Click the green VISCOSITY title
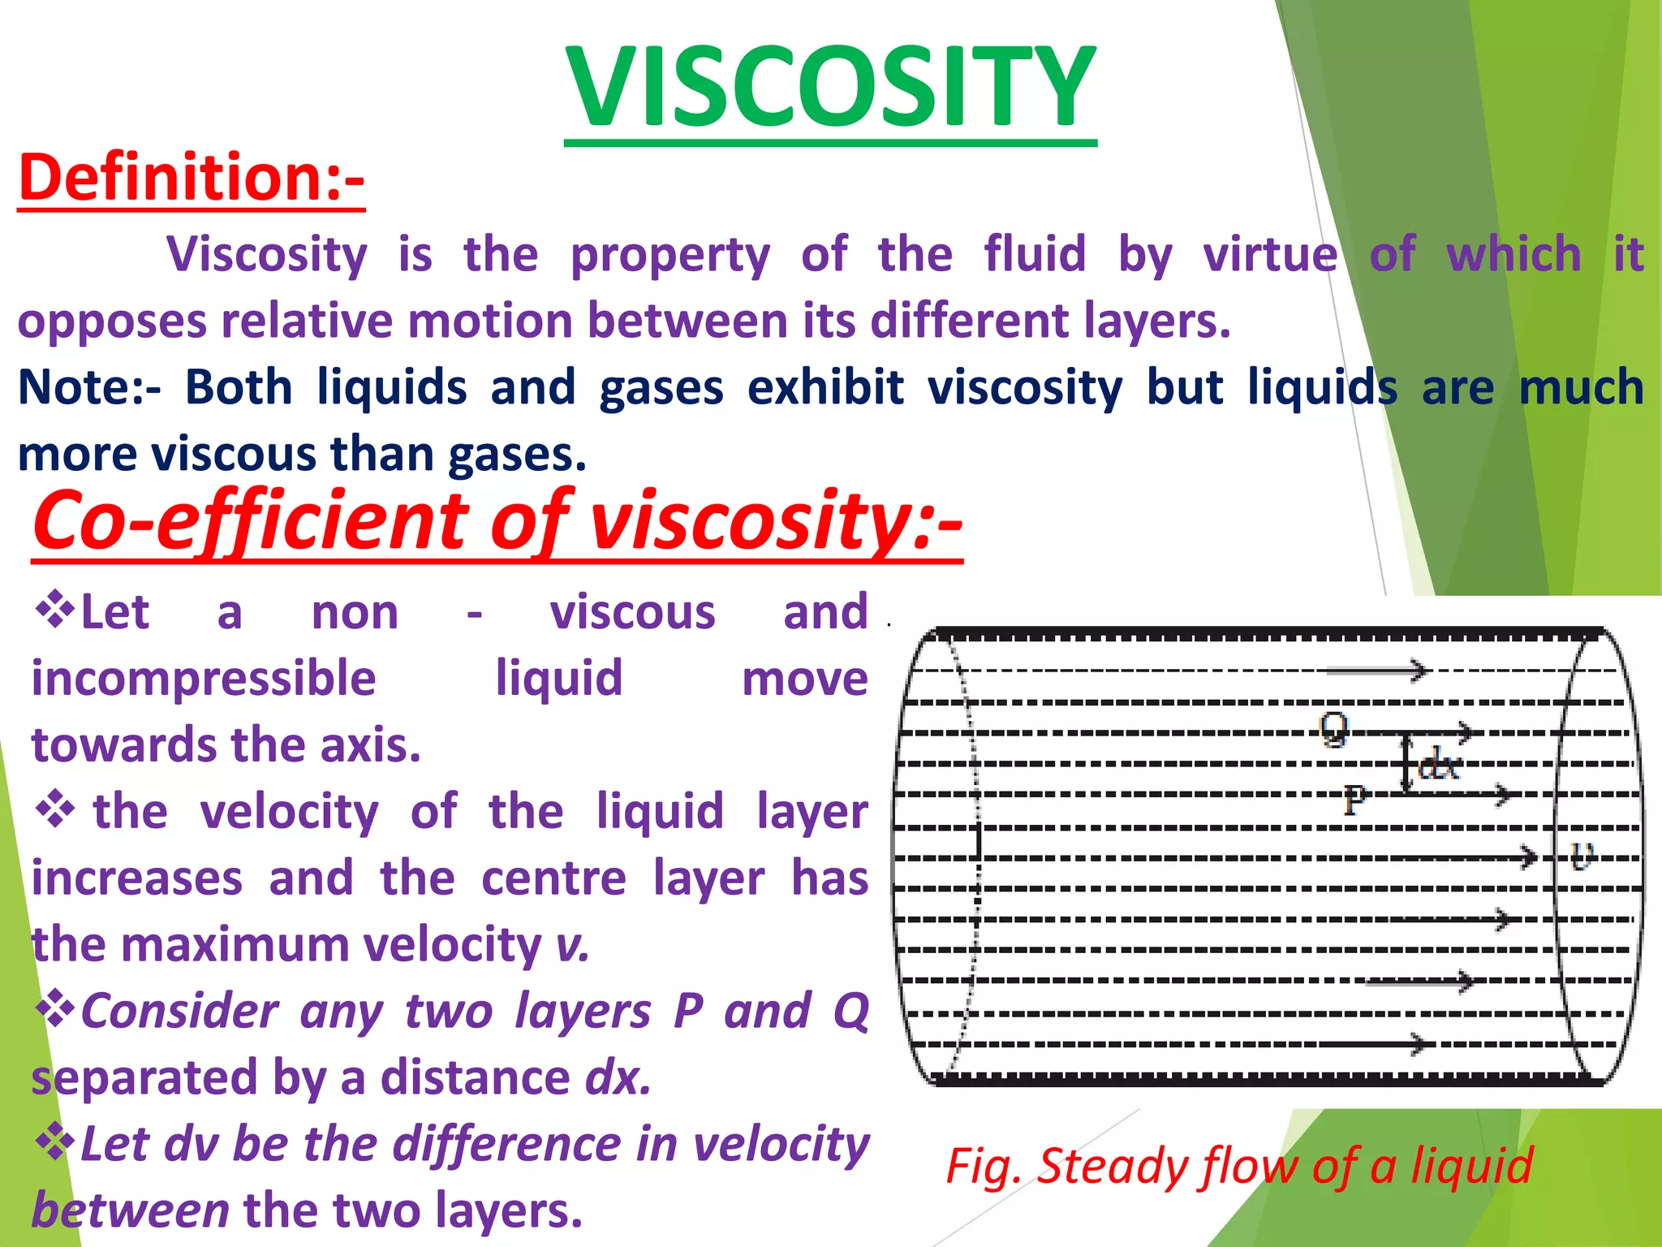point(830,87)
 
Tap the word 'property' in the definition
point(670,255)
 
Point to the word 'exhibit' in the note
point(825,387)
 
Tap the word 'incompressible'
point(204,679)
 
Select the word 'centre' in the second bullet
point(554,878)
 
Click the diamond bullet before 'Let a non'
point(54,611)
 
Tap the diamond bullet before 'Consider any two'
point(54,1010)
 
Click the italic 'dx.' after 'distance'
point(618,1078)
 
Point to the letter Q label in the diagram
point(1333,726)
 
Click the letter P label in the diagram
point(1354,800)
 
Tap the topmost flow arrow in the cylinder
point(1378,671)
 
